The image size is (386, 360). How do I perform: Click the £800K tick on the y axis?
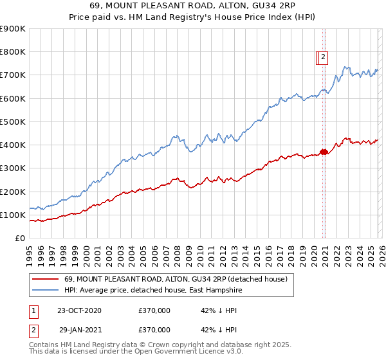click(x=13, y=52)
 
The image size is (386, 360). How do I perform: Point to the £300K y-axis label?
click(x=13, y=168)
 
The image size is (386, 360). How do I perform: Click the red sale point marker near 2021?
click(x=324, y=152)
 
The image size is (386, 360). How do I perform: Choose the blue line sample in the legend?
click(x=46, y=290)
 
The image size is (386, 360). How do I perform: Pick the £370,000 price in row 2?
click(x=154, y=329)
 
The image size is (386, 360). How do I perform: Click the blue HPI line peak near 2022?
click(x=345, y=66)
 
